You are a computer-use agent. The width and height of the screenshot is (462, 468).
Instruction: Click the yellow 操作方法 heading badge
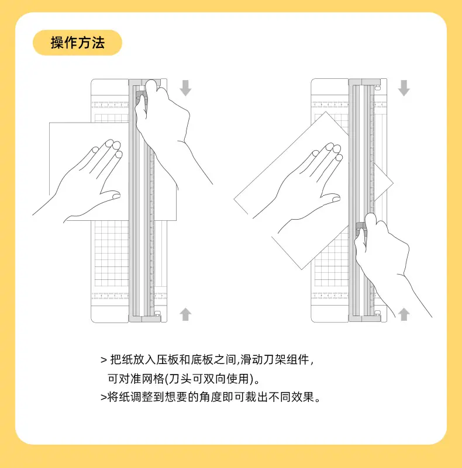pyautogui.click(x=77, y=43)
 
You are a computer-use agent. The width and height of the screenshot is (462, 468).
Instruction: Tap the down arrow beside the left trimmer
pyautogui.click(x=185, y=88)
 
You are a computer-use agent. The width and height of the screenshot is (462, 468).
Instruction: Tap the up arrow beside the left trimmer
pyautogui.click(x=185, y=314)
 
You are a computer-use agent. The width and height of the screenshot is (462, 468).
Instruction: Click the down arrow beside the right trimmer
pyautogui.click(x=404, y=88)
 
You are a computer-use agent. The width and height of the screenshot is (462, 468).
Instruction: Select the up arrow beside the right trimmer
pyautogui.click(x=404, y=314)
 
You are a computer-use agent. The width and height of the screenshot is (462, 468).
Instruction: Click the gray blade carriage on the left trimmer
pyautogui.click(x=141, y=98)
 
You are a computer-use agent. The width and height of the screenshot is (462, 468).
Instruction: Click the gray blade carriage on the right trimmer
pyautogui.click(x=361, y=228)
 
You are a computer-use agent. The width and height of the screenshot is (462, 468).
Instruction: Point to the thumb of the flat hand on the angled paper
pyautogui.click(x=330, y=199)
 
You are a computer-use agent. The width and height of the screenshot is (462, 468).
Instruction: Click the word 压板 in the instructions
pyautogui.click(x=167, y=360)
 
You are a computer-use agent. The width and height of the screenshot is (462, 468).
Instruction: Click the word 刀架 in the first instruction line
pyautogui.click(x=275, y=360)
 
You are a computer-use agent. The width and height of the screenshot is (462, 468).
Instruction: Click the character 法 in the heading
pyautogui.click(x=98, y=43)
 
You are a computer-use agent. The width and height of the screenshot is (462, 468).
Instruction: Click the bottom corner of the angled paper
pyautogui.click(x=302, y=269)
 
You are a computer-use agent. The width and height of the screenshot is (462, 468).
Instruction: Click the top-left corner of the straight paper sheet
pyautogui.click(x=49, y=122)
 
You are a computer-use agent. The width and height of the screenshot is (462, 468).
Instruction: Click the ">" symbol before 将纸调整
pyautogui.click(x=104, y=397)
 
